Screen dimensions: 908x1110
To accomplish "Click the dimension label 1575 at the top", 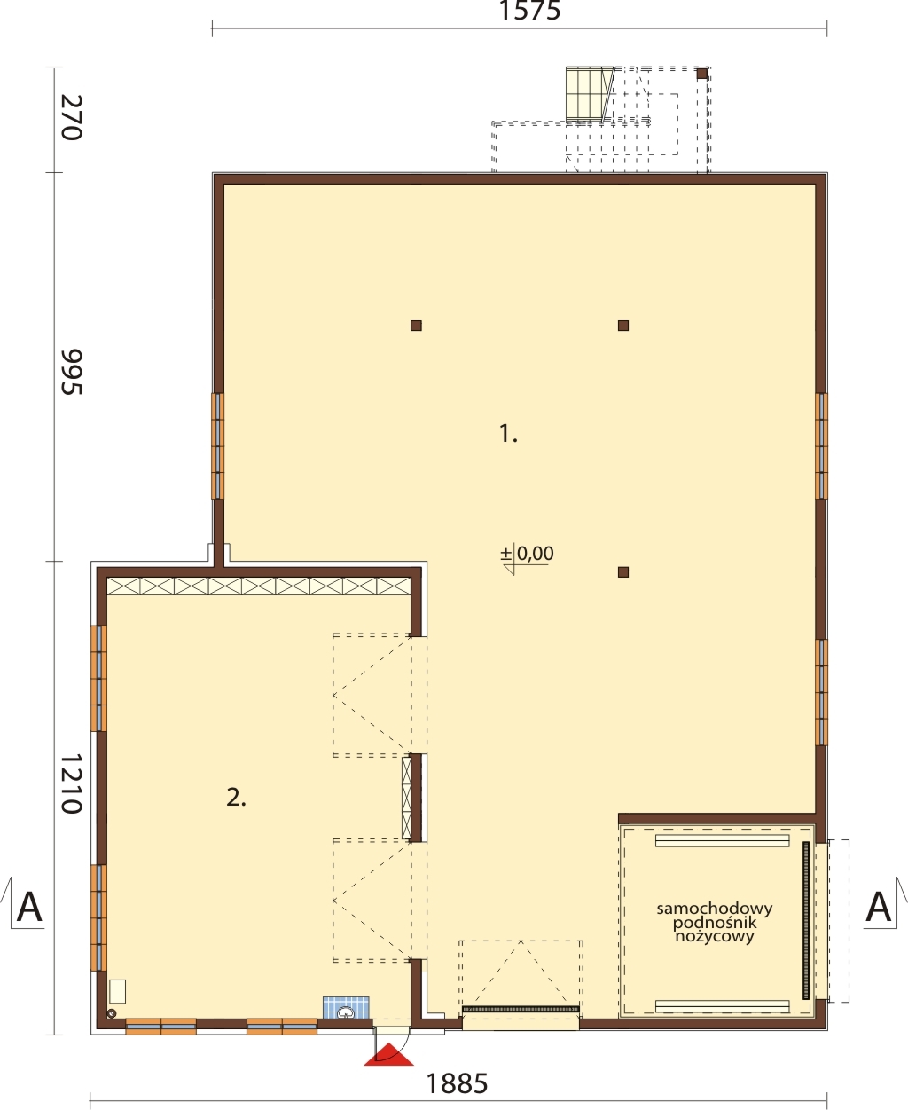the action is pos(529,11).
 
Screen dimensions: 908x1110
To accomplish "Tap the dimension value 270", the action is pos(72,117).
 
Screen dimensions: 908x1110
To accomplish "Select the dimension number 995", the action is pos(72,372).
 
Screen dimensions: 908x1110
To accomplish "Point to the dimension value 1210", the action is pos(72,783).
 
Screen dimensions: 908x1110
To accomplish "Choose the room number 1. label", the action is pos(508,434).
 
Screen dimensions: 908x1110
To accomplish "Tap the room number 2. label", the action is pos(236,799).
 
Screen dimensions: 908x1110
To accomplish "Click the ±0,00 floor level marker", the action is pos(527,555).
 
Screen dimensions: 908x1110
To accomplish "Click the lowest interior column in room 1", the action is pos(623,572).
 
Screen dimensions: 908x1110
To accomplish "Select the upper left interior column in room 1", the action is pos(416,326).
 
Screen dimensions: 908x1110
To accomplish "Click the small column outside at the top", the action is pos(701,74).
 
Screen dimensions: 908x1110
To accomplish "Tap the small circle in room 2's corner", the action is pos(112,1013).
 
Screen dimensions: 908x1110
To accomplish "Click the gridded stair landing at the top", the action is pos(585,95).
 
